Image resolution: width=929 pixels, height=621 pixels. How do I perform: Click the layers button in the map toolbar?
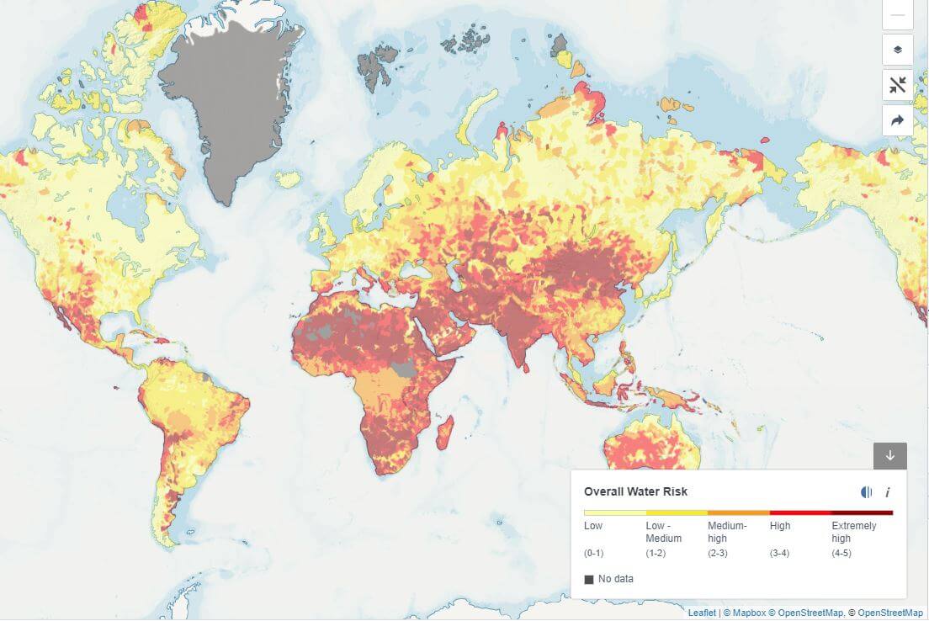(x=897, y=50)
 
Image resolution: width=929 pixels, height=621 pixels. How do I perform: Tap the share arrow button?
(x=897, y=120)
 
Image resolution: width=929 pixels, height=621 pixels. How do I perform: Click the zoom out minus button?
(x=897, y=14)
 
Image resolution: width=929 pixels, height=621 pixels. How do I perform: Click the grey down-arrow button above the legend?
(x=889, y=455)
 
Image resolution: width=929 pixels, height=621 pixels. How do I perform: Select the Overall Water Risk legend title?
(x=635, y=491)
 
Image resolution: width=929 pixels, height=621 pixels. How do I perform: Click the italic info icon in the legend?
(x=887, y=492)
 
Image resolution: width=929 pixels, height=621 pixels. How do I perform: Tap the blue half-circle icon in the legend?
(x=866, y=492)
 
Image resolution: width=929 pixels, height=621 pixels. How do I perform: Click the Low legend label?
(x=593, y=526)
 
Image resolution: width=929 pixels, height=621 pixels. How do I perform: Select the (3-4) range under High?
(x=781, y=553)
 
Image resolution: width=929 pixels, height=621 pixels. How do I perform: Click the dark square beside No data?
(x=589, y=579)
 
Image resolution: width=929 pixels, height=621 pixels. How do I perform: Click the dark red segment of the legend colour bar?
(x=862, y=512)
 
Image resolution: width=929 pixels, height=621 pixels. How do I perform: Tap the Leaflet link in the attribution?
(x=702, y=613)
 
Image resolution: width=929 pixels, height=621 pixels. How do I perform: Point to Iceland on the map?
(x=288, y=179)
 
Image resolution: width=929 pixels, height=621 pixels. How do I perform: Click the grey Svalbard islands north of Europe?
(x=372, y=66)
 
